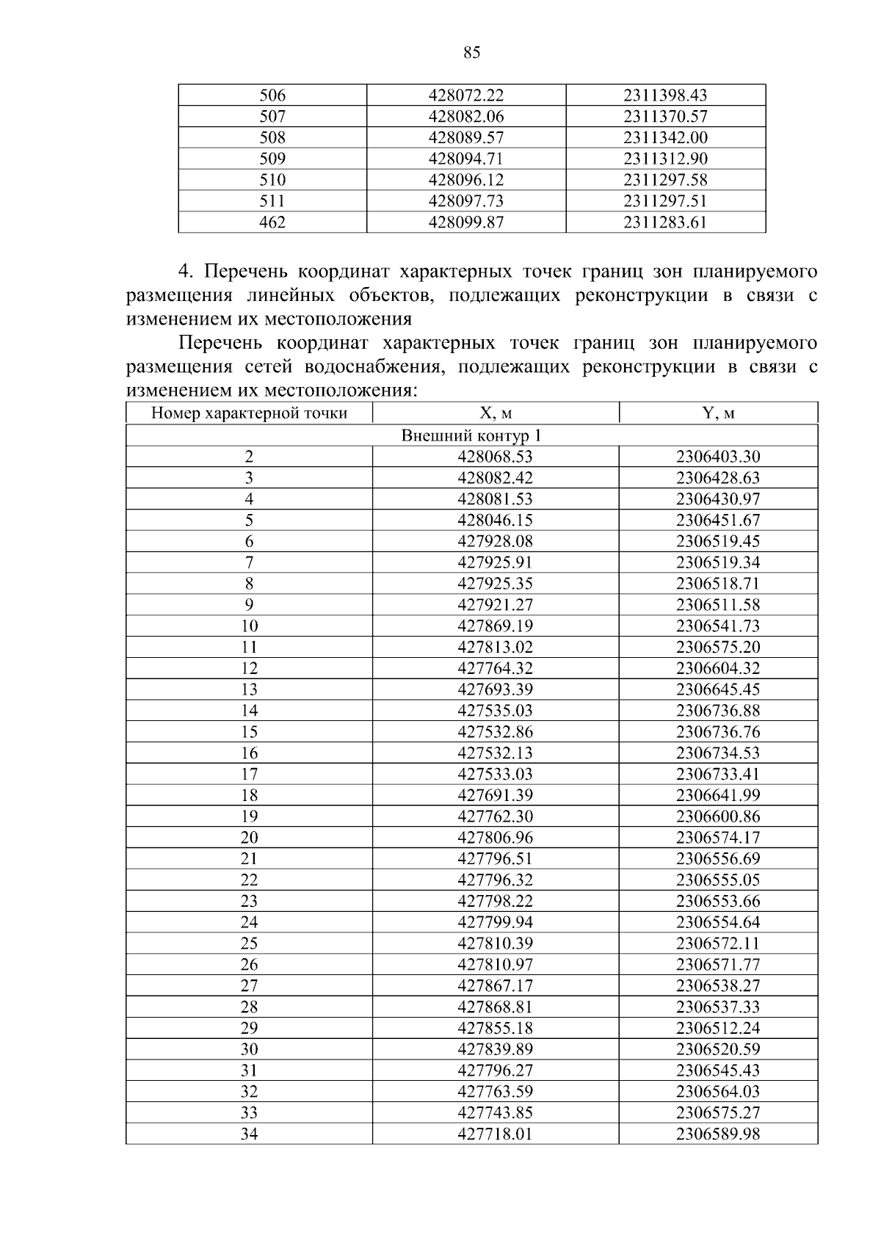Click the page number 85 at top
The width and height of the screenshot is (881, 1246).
pyautogui.click(x=472, y=52)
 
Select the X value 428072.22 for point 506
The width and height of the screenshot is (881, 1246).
pyautogui.click(x=466, y=95)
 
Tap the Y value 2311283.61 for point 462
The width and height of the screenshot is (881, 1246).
pyautogui.click(x=665, y=222)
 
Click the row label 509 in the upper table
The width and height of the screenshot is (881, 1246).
pyautogui.click(x=272, y=159)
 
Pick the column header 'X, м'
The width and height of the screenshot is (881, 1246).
pyautogui.click(x=495, y=413)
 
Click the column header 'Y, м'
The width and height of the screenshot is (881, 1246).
pyautogui.click(x=717, y=413)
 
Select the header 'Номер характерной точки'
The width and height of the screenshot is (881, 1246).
pyautogui.click(x=249, y=413)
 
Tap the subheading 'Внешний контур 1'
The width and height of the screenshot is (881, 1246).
pyautogui.click(x=471, y=435)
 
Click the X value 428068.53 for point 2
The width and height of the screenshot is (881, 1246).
pyautogui.click(x=495, y=457)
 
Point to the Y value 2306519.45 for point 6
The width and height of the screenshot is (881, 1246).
pyautogui.click(x=717, y=542)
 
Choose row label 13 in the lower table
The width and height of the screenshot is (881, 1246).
pyautogui.click(x=249, y=689)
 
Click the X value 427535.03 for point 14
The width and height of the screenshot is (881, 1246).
pyautogui.click(x=495, y=711)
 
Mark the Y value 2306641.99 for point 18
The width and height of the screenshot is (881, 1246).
pyautogui.click(x=717, y=795)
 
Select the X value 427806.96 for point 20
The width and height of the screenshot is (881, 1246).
pyautogui.click(x=495, y=838)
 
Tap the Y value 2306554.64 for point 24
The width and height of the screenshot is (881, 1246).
pyautogui.click(x=717, y=922)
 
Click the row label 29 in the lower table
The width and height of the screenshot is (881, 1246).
pyautogui.click(x=249, y=1028)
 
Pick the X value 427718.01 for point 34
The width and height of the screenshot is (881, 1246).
pyautogui.click(x=495, y=1134)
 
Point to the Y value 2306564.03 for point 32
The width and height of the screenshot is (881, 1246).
pyautogui.click(x=717, y=1092)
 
